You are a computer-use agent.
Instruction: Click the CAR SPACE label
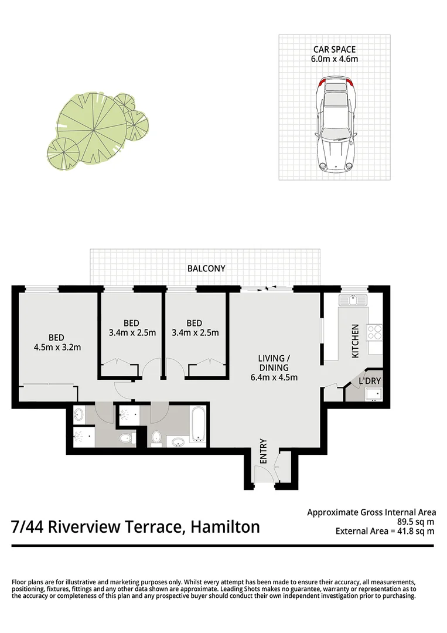click(335, 50)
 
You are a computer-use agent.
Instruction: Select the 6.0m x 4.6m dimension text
click(335, 59)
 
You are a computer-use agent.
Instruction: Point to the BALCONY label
click(206, 268)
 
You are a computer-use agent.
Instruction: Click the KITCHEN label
click(354, 341)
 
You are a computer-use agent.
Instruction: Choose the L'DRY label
click(370, 381)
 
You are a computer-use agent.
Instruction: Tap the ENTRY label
click(263, 451)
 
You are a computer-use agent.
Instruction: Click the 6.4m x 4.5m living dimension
click(274, 377)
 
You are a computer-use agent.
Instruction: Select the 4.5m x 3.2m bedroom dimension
click(57, 347)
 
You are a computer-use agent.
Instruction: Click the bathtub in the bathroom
click(198, 426)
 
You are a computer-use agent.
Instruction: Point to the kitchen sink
click(353, 301)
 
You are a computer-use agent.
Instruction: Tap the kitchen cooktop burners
click(374, 333)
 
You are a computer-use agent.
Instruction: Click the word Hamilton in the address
click(225, 526)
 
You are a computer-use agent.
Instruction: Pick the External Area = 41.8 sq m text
click(385, 532)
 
